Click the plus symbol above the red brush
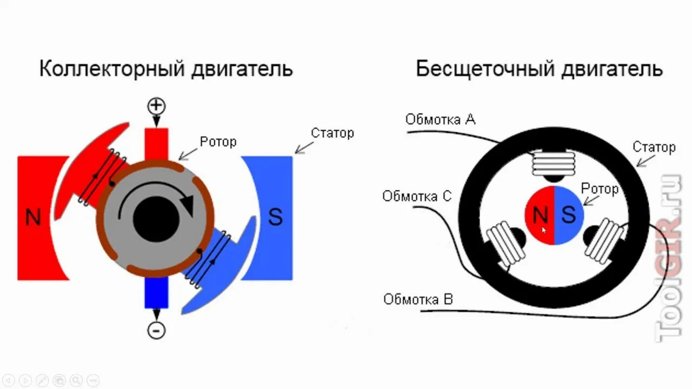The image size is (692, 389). [x=156, y=105]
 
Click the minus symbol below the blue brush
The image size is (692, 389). [x=156, y=330]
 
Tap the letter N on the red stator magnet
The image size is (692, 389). [x=34, y=217]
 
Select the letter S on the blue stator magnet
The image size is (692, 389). [x=275, y=217]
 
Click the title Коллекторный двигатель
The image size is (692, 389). [x=166, y=69]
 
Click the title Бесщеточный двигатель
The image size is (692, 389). [x=539, y=69]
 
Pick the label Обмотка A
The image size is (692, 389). [x=441, y=119]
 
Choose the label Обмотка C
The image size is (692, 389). [x=416, y=196]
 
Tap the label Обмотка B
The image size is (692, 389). [x=418, y=299]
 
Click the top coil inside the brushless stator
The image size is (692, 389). [x=554, y=163]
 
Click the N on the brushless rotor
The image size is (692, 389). [x=540, y=216]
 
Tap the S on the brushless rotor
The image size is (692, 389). [x=569, y=215]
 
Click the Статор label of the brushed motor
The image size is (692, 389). [x=332, y=133]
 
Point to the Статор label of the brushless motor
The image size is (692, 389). [x=654, y=147]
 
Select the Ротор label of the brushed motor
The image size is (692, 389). [x=218, y=142]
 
